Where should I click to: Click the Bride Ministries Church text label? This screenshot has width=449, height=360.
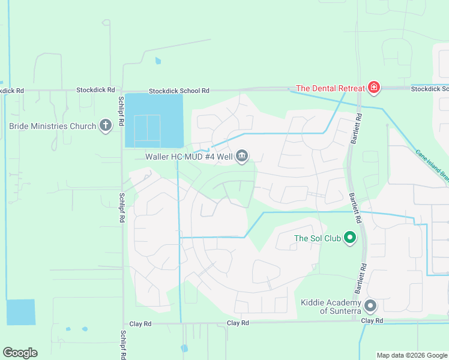(x=53, y=126)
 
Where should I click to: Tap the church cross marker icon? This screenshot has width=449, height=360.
(x=106, y=126)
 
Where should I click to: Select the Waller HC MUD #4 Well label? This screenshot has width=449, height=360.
(x=189, y=157)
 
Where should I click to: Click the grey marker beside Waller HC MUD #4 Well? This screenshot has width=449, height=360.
(x=242, y=157)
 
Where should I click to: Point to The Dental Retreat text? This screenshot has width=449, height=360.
(x=330, y=88)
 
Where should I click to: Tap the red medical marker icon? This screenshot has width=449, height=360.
(x=374, y=88)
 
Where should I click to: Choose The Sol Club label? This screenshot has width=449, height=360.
(x=318, y=238)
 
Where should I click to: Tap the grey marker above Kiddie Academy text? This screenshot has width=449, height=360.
(x=370, y=306)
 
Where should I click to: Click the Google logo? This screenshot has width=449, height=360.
(x=20, y=353)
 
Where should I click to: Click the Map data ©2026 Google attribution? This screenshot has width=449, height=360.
(x=412, y=355)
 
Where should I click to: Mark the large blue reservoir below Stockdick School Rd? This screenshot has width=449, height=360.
(x=153, y=120)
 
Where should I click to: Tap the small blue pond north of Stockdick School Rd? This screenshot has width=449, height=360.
(x=158, y=61)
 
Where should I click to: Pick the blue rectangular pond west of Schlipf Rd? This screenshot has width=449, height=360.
(x=20, y=312)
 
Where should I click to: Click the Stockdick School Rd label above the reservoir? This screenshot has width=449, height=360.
(x=179, y=91)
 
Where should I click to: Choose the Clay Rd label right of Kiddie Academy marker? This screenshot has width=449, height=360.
(x=372, y=321)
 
